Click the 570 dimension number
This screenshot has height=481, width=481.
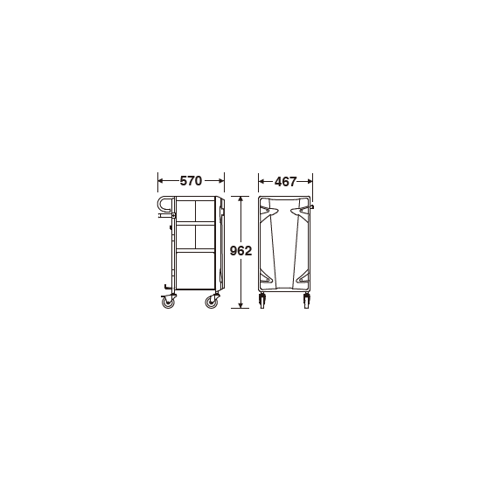[191, 181]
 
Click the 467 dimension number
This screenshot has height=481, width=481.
[285, 182]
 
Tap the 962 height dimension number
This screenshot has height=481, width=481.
[240, 251]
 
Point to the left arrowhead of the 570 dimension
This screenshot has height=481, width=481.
[161, 181]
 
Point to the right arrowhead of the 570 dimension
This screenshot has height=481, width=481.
[221, 181]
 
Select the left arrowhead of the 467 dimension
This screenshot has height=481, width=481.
[261, 182]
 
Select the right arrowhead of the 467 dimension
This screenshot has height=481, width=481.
[310, 182]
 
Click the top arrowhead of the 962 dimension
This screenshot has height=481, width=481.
[240, 199]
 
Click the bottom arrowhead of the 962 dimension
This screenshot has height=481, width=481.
[240, 305]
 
